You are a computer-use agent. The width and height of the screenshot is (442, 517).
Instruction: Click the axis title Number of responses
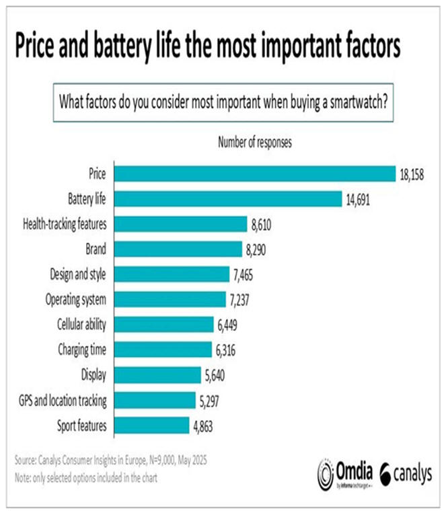coord(254,142)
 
